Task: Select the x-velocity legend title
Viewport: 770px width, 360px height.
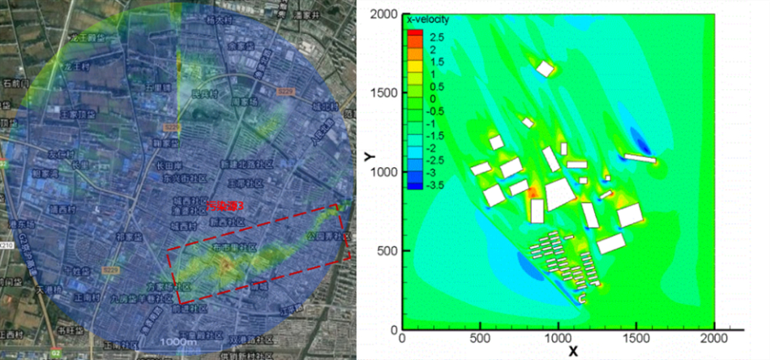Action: (428, 19)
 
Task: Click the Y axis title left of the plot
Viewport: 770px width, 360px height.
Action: (369, 153)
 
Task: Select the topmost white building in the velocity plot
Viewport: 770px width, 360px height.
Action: (545, 69)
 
